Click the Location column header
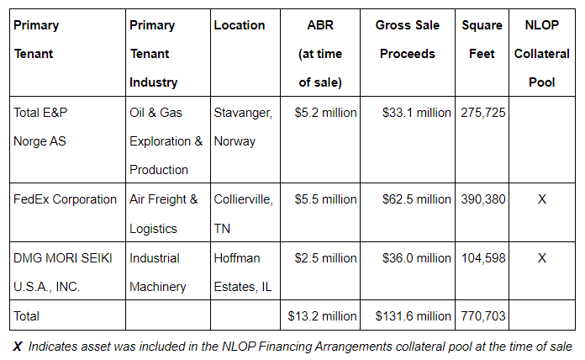[x=239, y=25]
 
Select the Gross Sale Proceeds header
[x=408, y=40]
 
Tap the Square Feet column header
[x=482, y=40]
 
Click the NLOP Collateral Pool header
[x=542, y=54]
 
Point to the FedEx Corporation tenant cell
[x=65, y=199]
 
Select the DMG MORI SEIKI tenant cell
[x=63, y=272]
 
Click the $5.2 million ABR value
[x=325, y=113]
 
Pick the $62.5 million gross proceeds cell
[x=416, y=199]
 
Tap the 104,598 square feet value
[x=483, y=258]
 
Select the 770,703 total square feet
[x=483, y=316]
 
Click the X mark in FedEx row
[x=542, y=199]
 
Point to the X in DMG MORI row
[x=542, y=258]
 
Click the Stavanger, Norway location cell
[x=242, y=126]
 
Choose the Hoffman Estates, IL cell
[x=242, y=272]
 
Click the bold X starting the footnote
[x=18, y=346]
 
